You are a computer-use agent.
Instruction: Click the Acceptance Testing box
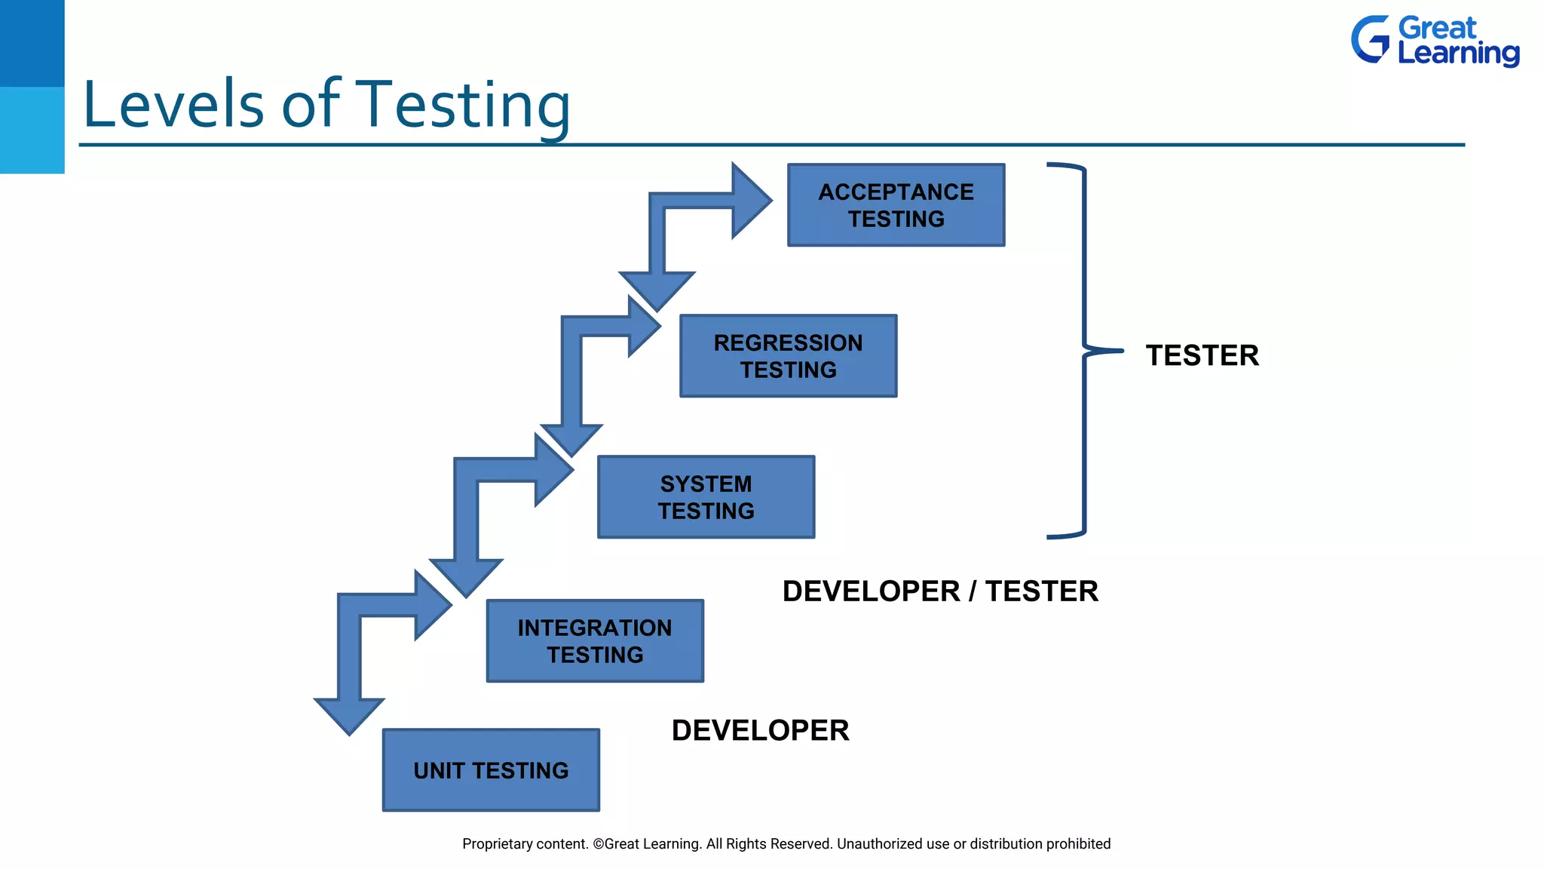896,205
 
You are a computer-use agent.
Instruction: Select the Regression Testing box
788,356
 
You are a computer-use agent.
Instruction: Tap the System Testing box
706,497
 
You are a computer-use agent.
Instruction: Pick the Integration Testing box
595,641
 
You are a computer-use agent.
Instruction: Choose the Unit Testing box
491,770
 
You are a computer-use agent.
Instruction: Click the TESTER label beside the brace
1202,355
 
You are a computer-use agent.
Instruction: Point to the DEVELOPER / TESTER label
940,591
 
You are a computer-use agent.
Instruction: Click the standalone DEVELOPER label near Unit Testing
760,730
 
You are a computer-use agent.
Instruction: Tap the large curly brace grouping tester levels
1084,350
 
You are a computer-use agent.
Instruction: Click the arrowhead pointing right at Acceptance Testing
751,201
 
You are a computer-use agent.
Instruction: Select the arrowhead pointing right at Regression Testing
643,327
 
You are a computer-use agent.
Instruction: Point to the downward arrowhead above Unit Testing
349,714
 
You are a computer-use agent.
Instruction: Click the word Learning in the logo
1458,54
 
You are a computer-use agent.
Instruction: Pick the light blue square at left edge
32,130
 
